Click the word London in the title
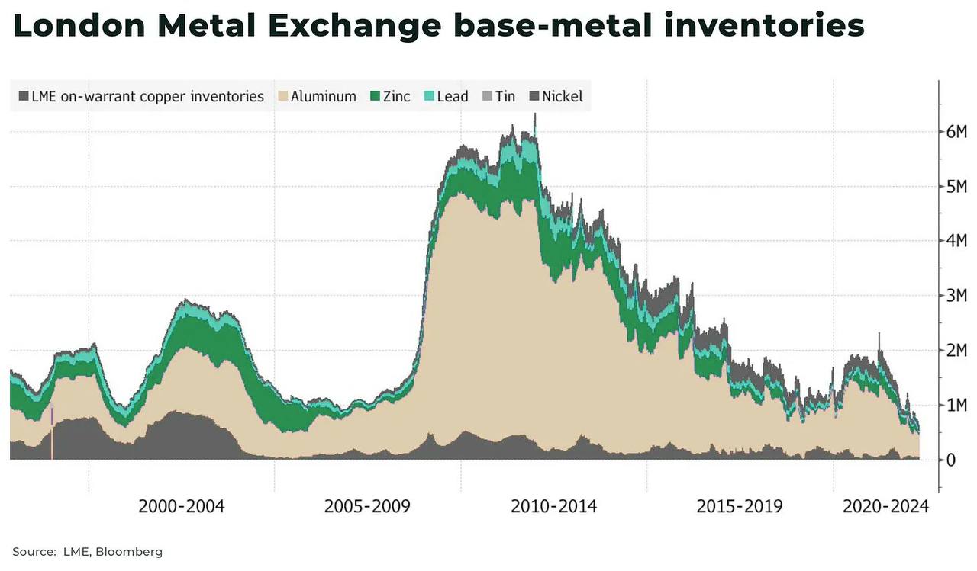pyautogui.click(x=79, y=26)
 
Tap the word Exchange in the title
pyautogui.click(x=353, y=26)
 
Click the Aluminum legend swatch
pyautogui.click(x=282, y=97)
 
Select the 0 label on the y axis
pyautogui.click(x=951, y=460)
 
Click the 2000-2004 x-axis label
pyautogui.click(x=182, y=506)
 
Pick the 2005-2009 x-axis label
pyautogui.click(x=367, y=506)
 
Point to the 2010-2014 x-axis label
pyautogui.click(x=553, y=506)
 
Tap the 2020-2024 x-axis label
pyautogui.click(x=885, y=506)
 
